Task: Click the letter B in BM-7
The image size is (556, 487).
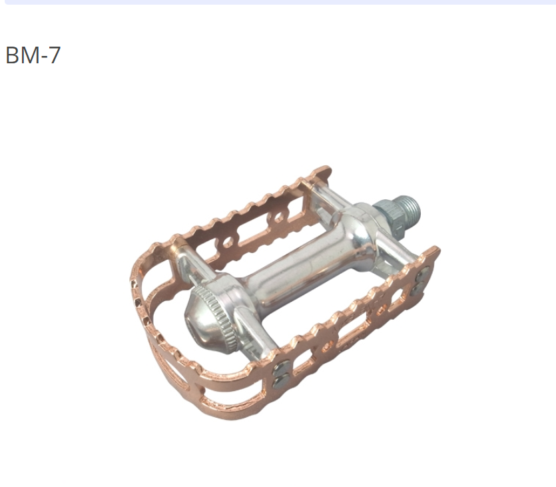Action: (x=12, y=55)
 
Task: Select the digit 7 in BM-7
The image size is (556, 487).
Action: (x=53, y=55)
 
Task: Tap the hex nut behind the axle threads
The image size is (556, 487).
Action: (x=390, y=217)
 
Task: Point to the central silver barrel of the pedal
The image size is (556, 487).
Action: (x=302, y=270)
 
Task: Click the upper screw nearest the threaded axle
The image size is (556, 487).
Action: (x=423, y=272)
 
